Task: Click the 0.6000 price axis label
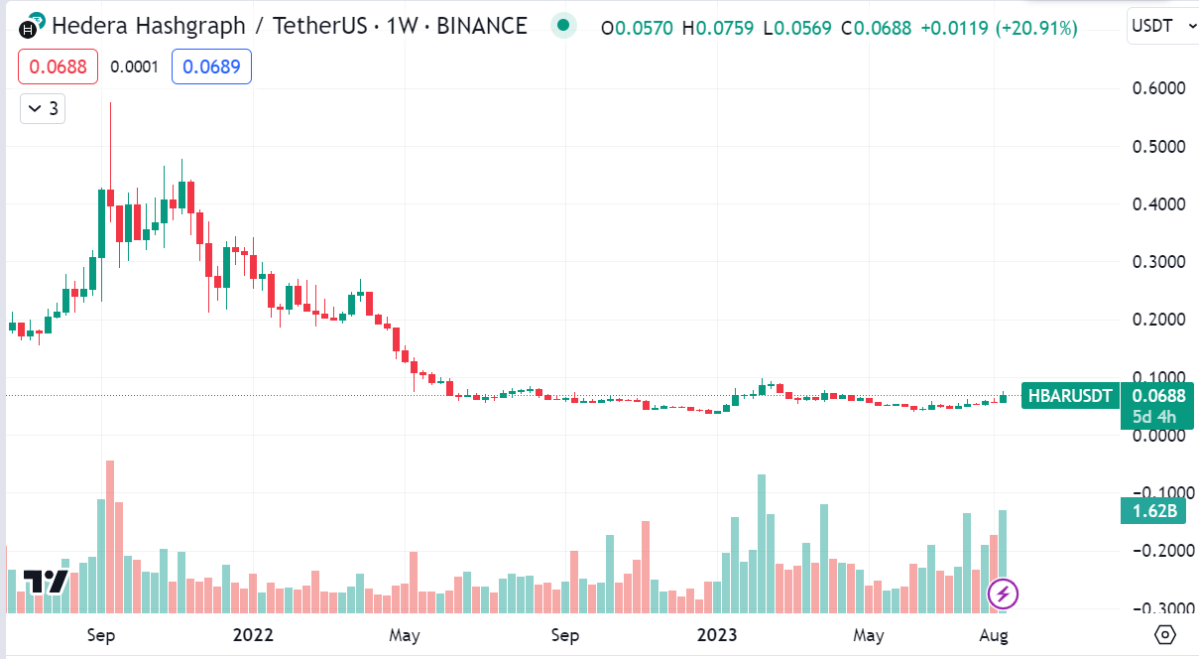tap(1159, 88)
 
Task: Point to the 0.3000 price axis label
tap(1159, 262)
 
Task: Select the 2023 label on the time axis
tap(717, 634)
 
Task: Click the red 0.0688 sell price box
tap(58, 66)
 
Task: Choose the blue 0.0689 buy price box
tap(211, 66)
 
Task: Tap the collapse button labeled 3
tap(43, 108)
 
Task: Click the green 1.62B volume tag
tap(1155, 512)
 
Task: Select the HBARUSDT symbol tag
tap(1070, 395)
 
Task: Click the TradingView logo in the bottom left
tap(45, 582)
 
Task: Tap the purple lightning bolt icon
tap(1003, 594)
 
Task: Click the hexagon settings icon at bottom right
tap(1165, 634)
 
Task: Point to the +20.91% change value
tap(1038, 28)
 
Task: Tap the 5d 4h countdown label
tap(1155, 418)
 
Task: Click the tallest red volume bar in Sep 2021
tap(110, 536)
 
